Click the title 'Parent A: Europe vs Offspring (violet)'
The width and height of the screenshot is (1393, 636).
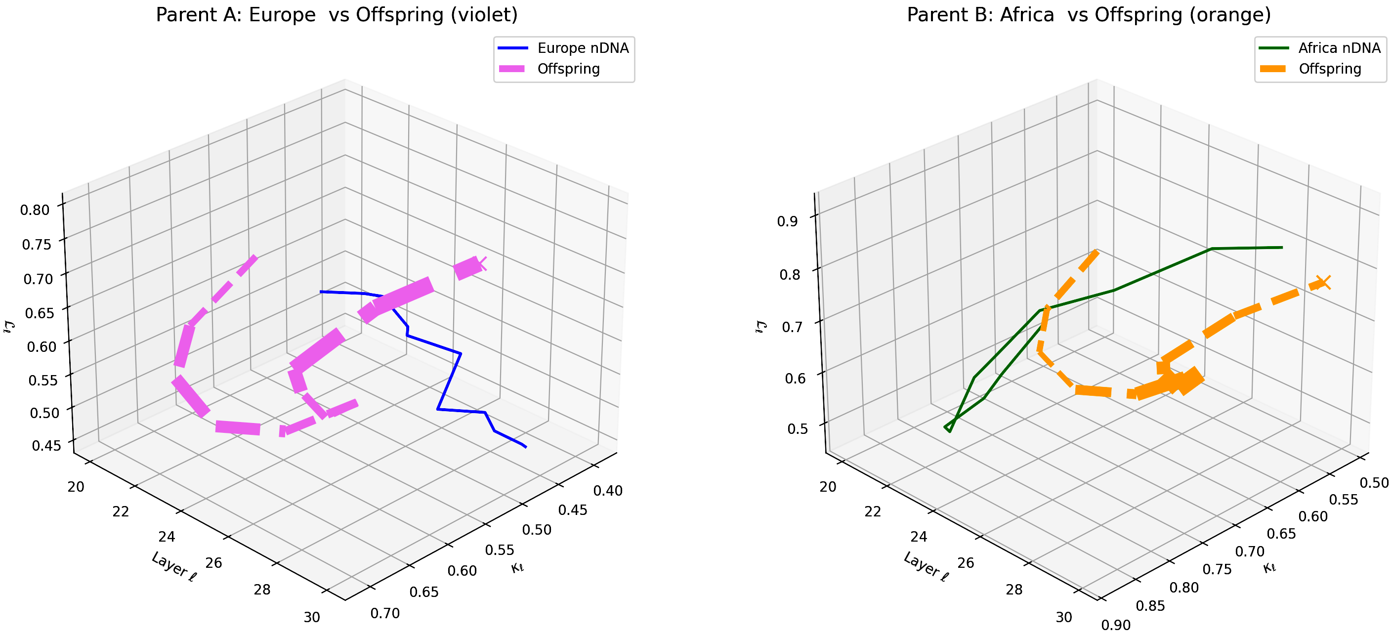coord(337,15)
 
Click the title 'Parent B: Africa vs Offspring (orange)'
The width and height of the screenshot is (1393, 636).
coord(1089,15)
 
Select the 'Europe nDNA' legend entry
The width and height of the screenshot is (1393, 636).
coord(583,48)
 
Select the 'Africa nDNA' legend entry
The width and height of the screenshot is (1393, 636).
coord(1339,48)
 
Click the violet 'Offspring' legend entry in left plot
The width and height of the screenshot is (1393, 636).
coord(568,69)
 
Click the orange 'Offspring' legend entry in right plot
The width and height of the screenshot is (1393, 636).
coord(1330,69)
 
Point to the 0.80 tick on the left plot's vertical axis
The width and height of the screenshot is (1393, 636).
coord(35,210)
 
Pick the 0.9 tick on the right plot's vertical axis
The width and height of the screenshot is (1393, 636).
coord(787,221)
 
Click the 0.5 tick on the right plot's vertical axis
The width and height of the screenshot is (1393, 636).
coord(798,429)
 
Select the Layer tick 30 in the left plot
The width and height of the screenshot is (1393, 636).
coord(312,617)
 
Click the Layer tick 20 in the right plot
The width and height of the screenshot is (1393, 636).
coord(828,487)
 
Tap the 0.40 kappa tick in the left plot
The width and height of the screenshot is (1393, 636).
coord(608,491)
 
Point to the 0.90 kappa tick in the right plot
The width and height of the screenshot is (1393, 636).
coord(1116,625)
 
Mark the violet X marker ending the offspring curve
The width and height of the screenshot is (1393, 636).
coord(481,263)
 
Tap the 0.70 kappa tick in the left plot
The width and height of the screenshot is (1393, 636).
coord(385,613)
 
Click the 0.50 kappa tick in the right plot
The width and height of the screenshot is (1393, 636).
coord(1374,482)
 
